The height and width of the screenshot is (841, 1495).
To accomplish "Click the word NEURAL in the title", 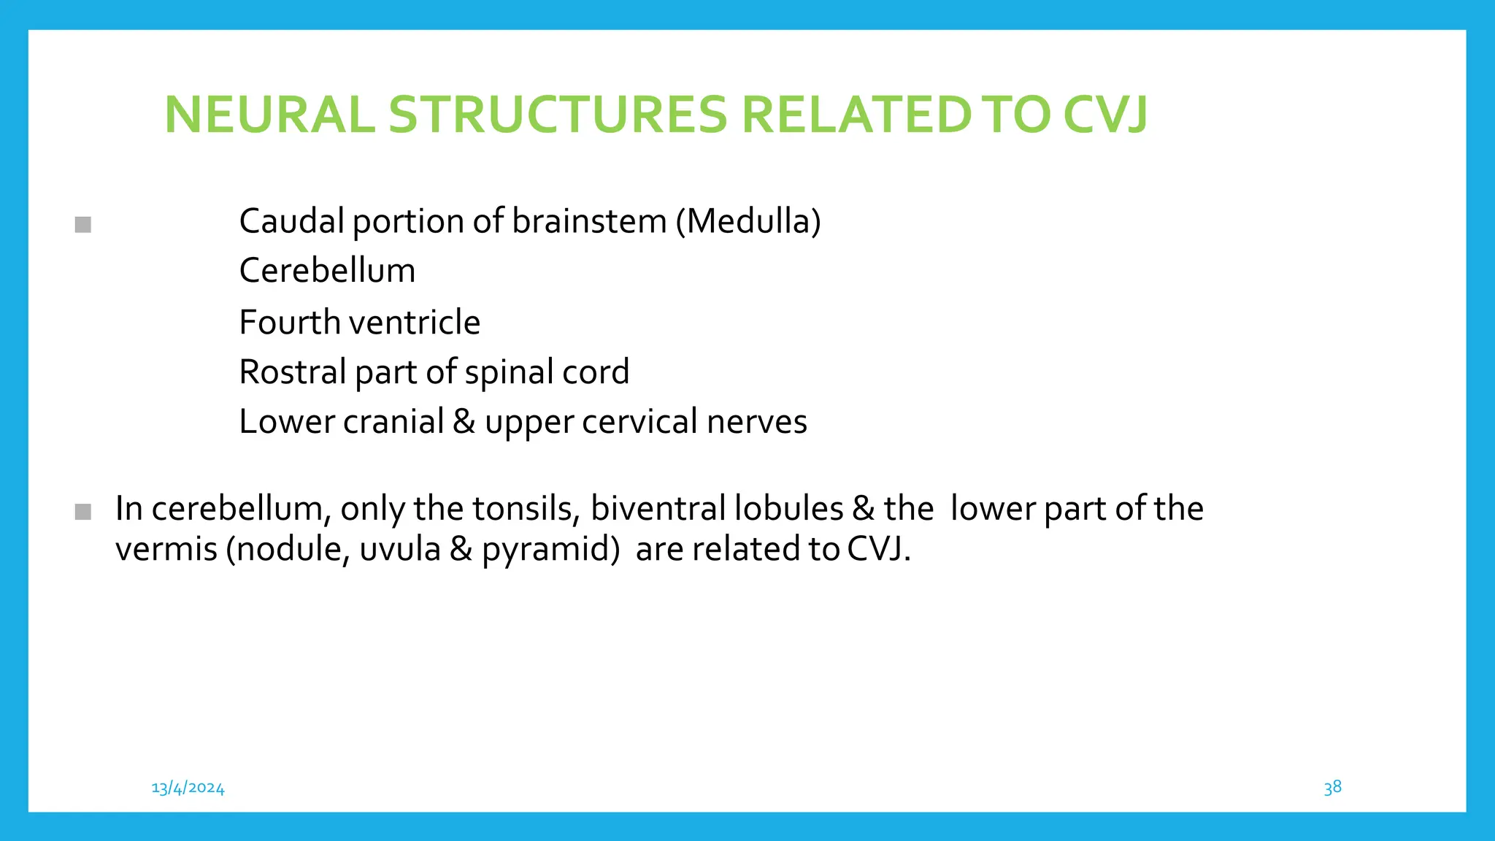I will [x=269, y=115].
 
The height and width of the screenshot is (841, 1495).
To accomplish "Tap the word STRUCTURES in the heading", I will [x=558, y=115].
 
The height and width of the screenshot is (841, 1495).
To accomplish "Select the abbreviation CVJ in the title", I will [x=1105, y=115].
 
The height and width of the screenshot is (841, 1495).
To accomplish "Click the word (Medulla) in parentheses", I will [x=748, y=221].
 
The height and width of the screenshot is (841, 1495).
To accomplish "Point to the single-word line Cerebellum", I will [x=327, y=271].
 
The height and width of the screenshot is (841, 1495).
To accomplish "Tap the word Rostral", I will [x=292, y=372].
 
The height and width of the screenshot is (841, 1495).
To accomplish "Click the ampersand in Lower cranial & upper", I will [x=464, y=422].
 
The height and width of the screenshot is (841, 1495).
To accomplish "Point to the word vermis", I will [x=166, y=549].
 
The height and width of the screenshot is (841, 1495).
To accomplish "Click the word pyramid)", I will [x=550, y=549].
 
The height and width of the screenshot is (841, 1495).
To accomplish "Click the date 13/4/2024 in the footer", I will [x=188, y=788].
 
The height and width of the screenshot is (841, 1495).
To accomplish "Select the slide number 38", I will [x=1332, y=787].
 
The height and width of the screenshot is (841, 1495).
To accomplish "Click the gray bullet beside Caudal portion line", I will [x=83, y=225].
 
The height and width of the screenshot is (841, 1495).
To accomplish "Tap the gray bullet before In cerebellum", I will [x=83, y=512].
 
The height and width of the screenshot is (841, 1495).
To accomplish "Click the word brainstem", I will [x=589, y=221].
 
